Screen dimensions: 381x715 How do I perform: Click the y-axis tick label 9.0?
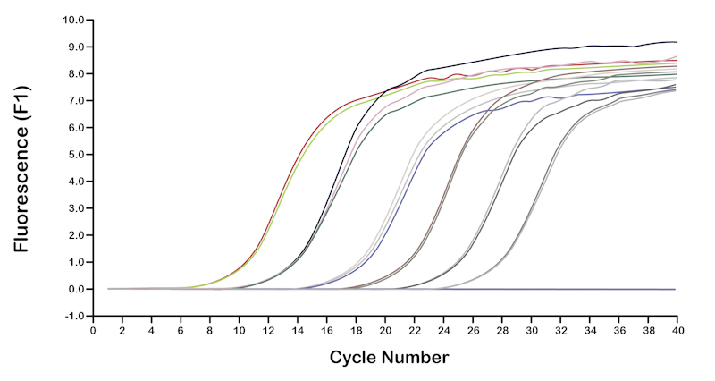click(75, 47)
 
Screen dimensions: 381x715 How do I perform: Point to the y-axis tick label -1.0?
click(73, 316)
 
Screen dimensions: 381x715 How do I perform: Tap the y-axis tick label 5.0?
click(75, 154)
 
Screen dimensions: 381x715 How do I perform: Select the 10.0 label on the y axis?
click(72, 20)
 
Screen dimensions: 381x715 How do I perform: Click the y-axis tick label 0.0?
click(75, 289)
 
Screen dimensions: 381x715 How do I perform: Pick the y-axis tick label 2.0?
click(75, 235)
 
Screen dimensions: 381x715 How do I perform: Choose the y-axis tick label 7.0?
click(75, 100)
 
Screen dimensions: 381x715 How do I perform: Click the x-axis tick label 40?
click(677, 330)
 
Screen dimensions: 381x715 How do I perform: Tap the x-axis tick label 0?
click(93, 330)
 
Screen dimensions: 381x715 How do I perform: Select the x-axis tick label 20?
click(384, 330)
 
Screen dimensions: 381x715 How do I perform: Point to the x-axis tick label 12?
click(268, 330)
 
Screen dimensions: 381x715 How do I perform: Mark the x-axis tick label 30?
click(531, 330)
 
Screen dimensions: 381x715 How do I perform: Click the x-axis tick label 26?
click(473, 330)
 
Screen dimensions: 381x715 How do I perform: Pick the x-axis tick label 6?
click(181, 330)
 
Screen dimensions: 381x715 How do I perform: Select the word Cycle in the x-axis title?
click(355, 358)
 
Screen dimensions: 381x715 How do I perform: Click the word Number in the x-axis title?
click(416, 358)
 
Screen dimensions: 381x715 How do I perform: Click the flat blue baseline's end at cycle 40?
click(676, 290)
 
